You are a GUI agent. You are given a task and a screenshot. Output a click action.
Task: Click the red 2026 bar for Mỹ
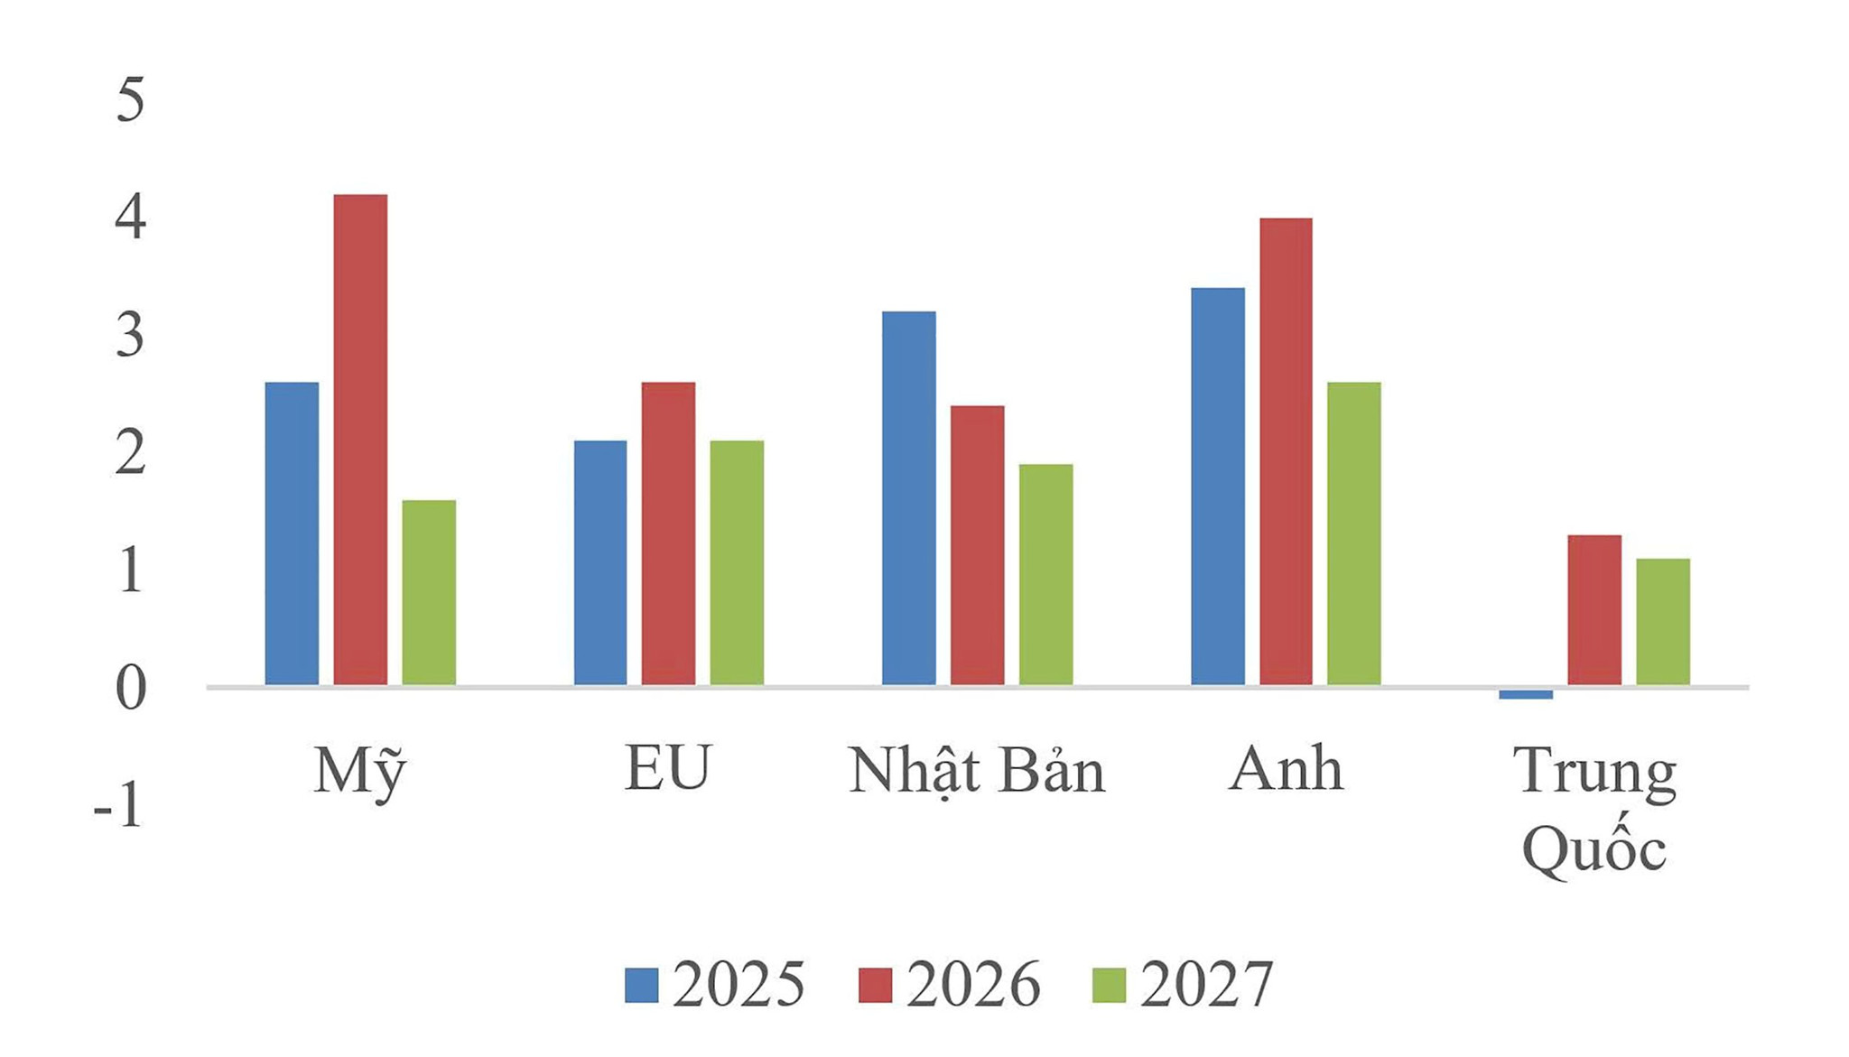point(360,440)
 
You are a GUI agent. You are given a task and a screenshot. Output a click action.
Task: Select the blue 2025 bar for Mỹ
point(292,533)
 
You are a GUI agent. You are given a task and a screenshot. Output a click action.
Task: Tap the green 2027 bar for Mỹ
point(429,592)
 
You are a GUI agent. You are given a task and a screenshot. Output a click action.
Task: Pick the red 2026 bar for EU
point(669,533)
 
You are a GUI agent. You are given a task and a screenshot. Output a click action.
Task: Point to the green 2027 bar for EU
point(737,562)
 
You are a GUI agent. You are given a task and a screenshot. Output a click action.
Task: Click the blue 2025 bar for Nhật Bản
point(909,498)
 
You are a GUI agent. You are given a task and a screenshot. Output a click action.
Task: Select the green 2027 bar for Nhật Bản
point(1046,574)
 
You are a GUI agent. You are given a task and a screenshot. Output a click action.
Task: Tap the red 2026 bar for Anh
point(1286,451)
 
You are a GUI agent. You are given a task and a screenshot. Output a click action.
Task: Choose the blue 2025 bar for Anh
point(1218,487)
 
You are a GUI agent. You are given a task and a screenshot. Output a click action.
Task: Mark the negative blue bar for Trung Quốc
point(1526,694)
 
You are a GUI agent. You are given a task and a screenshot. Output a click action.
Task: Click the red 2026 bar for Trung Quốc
point(1594,610)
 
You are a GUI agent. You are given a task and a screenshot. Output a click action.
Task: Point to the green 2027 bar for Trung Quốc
point(1663,622)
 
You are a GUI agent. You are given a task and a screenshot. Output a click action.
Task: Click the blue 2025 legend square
point(642,986)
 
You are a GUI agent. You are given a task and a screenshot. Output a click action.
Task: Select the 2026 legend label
point(973,985)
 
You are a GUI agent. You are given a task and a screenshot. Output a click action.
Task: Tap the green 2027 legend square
point(1109,986)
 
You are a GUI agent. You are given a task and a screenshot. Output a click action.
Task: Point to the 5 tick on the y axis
point(130,99)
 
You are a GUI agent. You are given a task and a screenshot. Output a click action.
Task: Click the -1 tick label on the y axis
point(118,805)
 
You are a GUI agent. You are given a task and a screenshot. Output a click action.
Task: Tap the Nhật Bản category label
point(977,772)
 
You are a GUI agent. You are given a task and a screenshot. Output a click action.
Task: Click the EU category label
point(668,768)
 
